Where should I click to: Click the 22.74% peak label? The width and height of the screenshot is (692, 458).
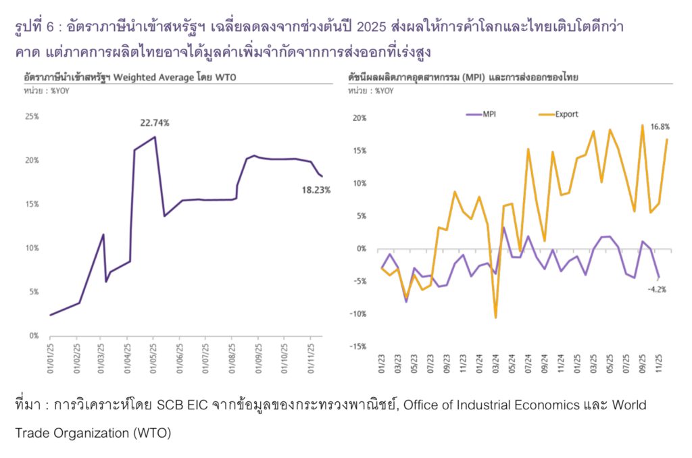(155, 123)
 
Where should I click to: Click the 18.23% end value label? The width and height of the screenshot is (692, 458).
(316, 190)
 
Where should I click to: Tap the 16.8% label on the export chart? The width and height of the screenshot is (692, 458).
(660, 126)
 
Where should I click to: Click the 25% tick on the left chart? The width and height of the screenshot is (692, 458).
(32, 116)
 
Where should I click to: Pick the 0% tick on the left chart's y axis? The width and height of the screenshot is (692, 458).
(34, 336)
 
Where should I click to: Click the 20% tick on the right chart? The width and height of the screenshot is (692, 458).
(358, 118)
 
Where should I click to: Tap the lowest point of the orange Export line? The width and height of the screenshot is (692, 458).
(495, 317)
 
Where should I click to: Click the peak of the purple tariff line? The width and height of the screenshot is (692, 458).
(155, 137)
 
